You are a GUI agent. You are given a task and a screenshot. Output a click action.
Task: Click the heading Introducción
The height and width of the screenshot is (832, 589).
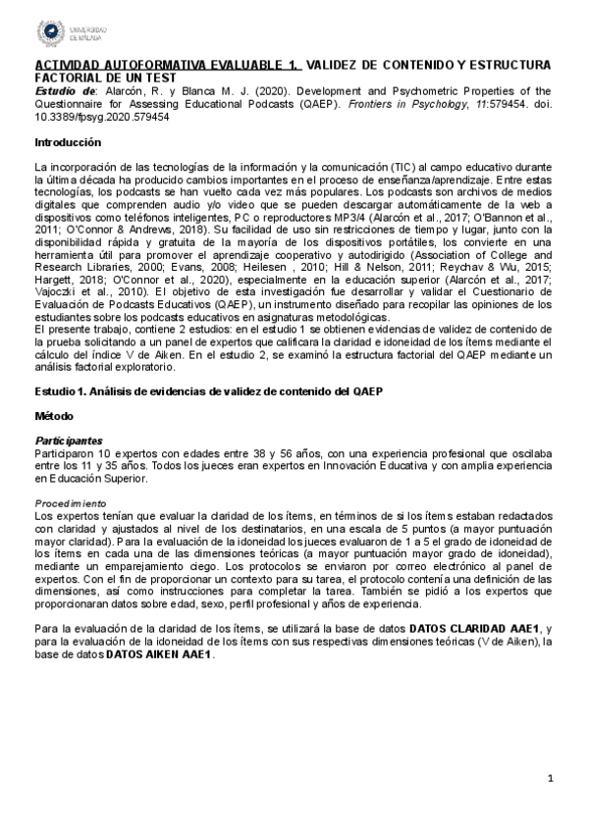coord(66,142)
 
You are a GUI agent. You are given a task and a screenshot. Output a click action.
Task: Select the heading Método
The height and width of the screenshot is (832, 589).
coord(52,443)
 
